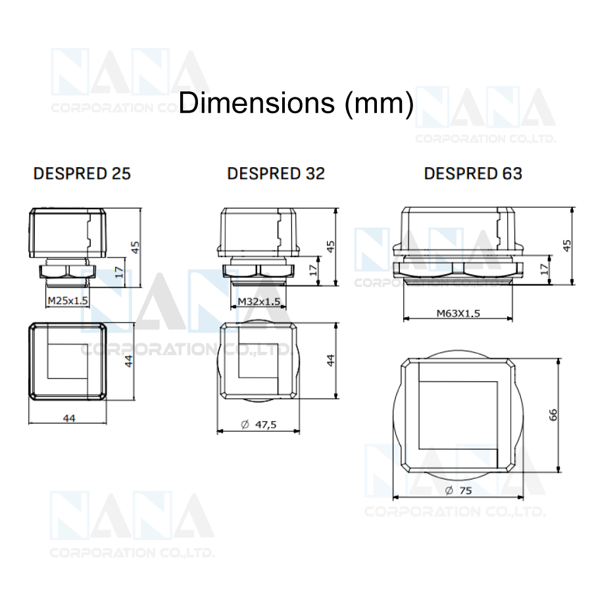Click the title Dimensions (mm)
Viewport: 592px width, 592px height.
coord(296,103)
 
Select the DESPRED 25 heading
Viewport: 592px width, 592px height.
coord(82,174)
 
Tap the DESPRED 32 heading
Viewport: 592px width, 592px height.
coord(276,174)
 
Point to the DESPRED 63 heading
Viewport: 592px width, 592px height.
coord(473,174)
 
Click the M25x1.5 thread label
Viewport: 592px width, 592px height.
coord(68,301)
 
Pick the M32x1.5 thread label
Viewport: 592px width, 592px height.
coord(259,301)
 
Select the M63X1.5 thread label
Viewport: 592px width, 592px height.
coord(458,313)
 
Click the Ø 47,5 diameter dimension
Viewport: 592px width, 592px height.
coord(259,425)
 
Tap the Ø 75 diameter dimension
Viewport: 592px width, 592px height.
coord(458,491)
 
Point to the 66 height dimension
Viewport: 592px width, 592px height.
coord(553,414)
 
